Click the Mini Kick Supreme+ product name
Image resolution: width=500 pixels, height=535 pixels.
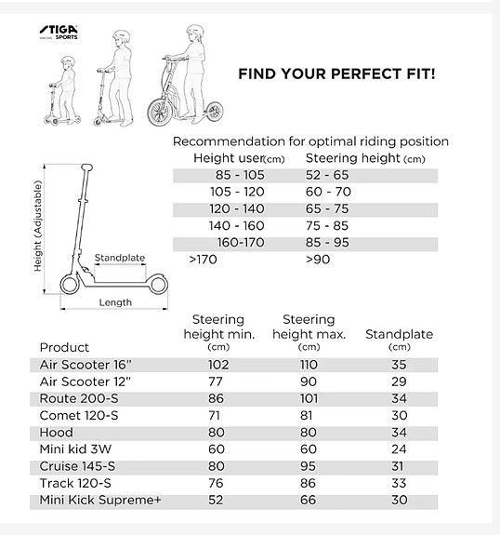pos(101,500)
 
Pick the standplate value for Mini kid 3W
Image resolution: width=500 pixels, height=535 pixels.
pos(399,449)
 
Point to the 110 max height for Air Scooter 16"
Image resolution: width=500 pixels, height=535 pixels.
pos(308,366)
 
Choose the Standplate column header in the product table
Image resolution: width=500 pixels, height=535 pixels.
pos(399,334)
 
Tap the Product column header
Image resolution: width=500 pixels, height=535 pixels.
pos(64,347)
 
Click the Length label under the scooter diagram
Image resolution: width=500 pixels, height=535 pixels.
pos(115,302)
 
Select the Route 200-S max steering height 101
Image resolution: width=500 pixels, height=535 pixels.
pos(308,399)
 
